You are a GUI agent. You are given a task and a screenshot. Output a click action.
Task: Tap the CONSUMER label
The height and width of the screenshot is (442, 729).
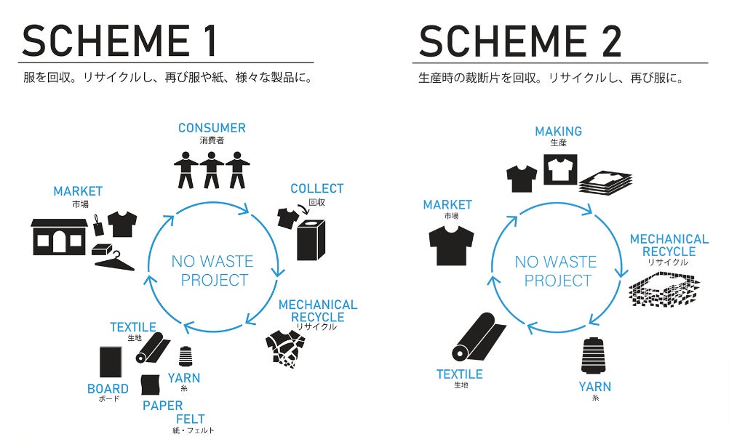(x=212, y=128)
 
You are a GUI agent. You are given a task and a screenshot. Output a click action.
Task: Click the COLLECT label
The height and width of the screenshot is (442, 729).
(x=316, y=189)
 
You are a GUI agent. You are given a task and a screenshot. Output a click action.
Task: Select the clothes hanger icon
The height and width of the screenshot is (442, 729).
(x=114, y=260)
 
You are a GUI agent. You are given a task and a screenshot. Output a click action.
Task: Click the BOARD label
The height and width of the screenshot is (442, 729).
(x=108, y=389)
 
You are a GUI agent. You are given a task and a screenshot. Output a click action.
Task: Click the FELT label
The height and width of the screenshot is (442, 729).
(x=190, y=419)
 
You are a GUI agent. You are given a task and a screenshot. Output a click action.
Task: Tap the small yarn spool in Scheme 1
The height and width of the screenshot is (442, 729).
(x=185, y=356)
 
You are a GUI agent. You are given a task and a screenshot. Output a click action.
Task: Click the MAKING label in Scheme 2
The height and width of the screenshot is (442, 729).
(x=558, y=132)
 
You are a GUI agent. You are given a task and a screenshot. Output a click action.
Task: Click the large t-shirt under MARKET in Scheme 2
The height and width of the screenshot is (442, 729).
(x=451, y=245)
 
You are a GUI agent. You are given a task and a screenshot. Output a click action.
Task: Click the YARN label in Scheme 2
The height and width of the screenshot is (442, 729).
(x=594, y=387)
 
